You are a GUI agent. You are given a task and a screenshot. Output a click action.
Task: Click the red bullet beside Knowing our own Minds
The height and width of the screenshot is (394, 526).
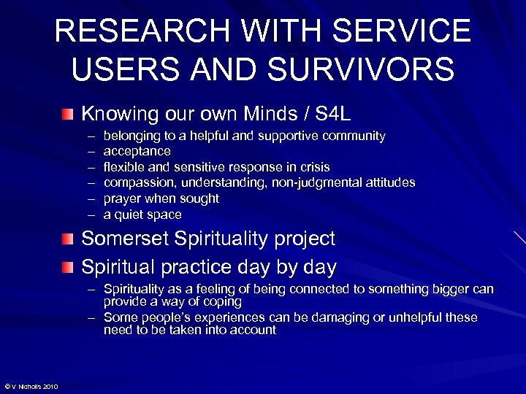[x=68, y=114]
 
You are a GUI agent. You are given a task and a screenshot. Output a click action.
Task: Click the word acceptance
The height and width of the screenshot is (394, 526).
[x=137, y=151]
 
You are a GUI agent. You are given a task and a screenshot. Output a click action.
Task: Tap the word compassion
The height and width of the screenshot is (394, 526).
[x=140, y=182]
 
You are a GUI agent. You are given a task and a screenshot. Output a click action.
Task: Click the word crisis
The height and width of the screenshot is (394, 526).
[x=313, y=167]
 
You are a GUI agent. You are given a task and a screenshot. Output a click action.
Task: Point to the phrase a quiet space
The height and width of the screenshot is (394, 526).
[x=142, y=215]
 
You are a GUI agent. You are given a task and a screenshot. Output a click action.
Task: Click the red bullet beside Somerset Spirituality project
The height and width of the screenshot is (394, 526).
[x=68, y=239]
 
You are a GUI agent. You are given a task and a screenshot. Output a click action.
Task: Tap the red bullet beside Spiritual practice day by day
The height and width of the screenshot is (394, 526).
[x=68, y=267]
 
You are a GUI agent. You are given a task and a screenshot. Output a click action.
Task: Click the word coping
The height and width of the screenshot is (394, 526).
[x=222, y=301]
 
